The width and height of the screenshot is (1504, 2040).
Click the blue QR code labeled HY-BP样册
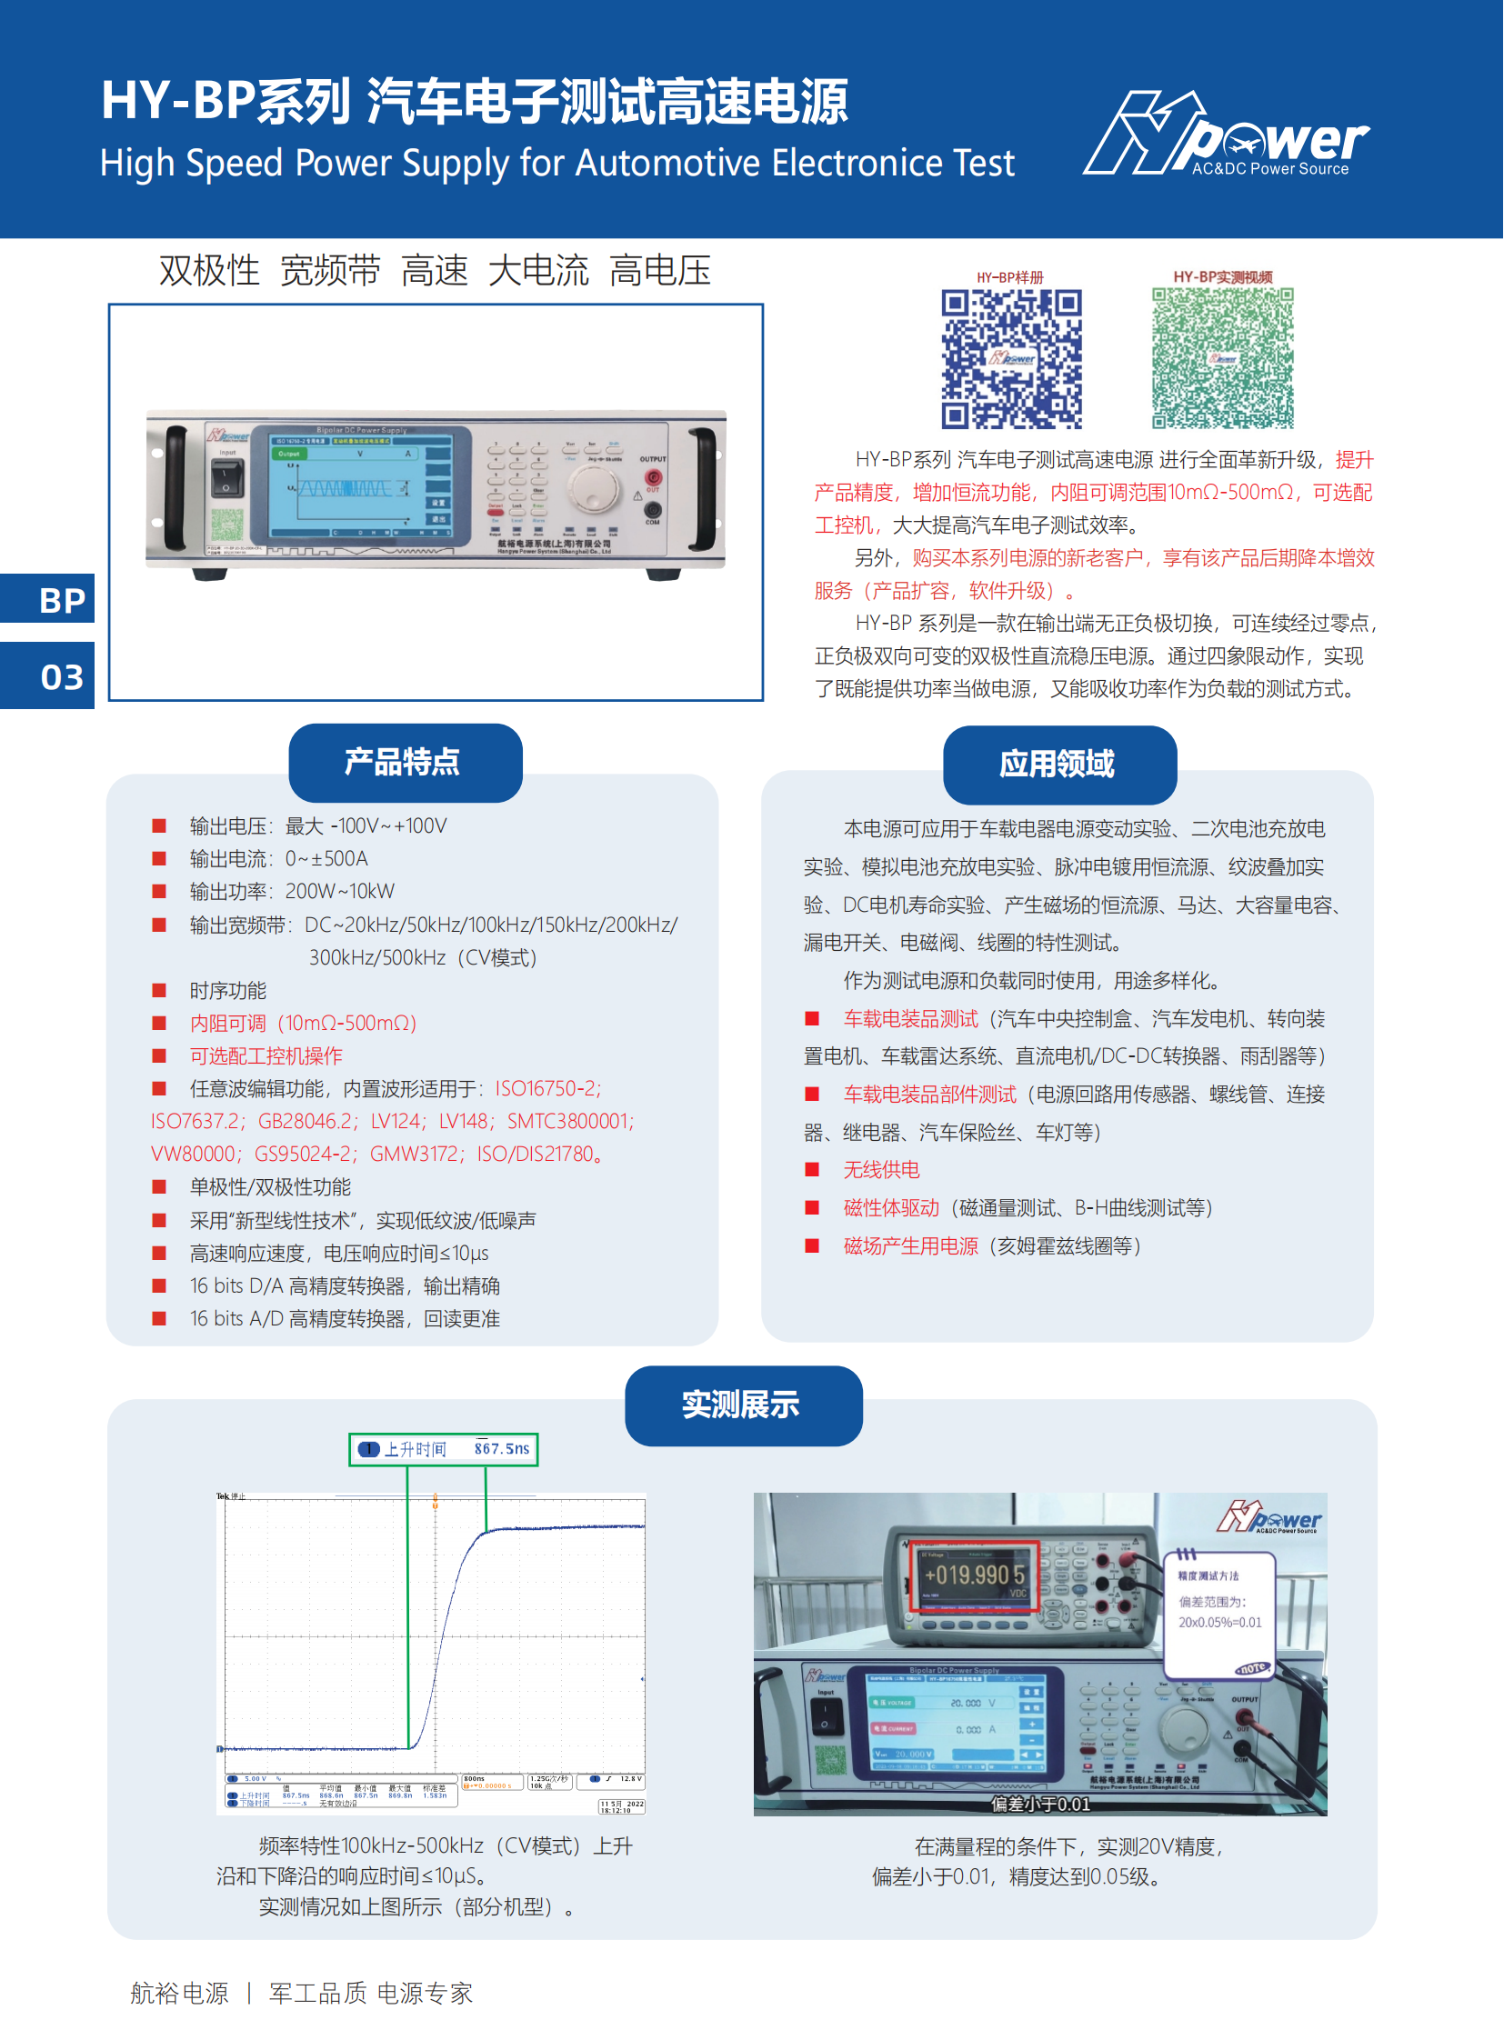coord(1011,359)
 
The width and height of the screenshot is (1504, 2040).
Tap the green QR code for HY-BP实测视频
coord(1223,359)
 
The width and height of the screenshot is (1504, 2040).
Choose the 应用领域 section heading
coord(1058,764)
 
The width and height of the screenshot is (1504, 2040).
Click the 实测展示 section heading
coord(743,1405)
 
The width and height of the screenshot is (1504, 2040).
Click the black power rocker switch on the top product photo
coord(226,477)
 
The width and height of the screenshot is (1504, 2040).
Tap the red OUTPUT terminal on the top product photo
coord(653,477)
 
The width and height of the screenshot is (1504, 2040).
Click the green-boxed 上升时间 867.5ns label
coord(445,1448)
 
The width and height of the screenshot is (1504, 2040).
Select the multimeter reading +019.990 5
coord(974,1574)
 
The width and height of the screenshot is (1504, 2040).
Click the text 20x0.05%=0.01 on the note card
coord(1220,1622)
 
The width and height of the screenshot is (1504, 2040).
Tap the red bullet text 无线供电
coord(881,1170)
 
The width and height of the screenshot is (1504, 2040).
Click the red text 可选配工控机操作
coord(266,1056)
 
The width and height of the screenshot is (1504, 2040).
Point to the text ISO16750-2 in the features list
coord(547,1089)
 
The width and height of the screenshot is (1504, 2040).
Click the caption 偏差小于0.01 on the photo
coord(1040,1805)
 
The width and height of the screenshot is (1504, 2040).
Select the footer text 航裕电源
coord(179,1994)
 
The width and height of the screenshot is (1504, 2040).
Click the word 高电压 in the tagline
coord(660,271)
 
